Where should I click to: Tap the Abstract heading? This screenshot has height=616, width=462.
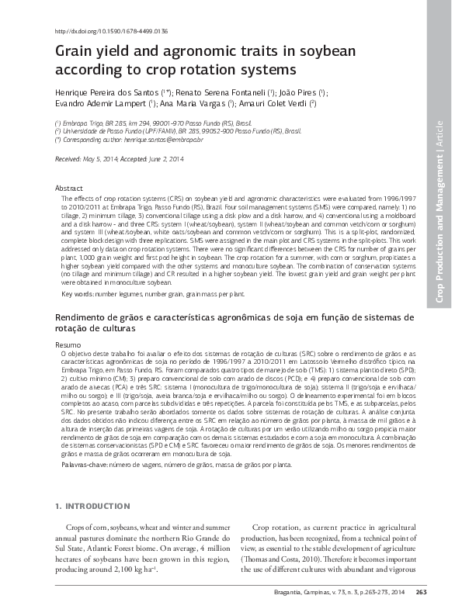tap(69, 189)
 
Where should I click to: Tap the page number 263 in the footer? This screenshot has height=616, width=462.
tap(422, 593)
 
